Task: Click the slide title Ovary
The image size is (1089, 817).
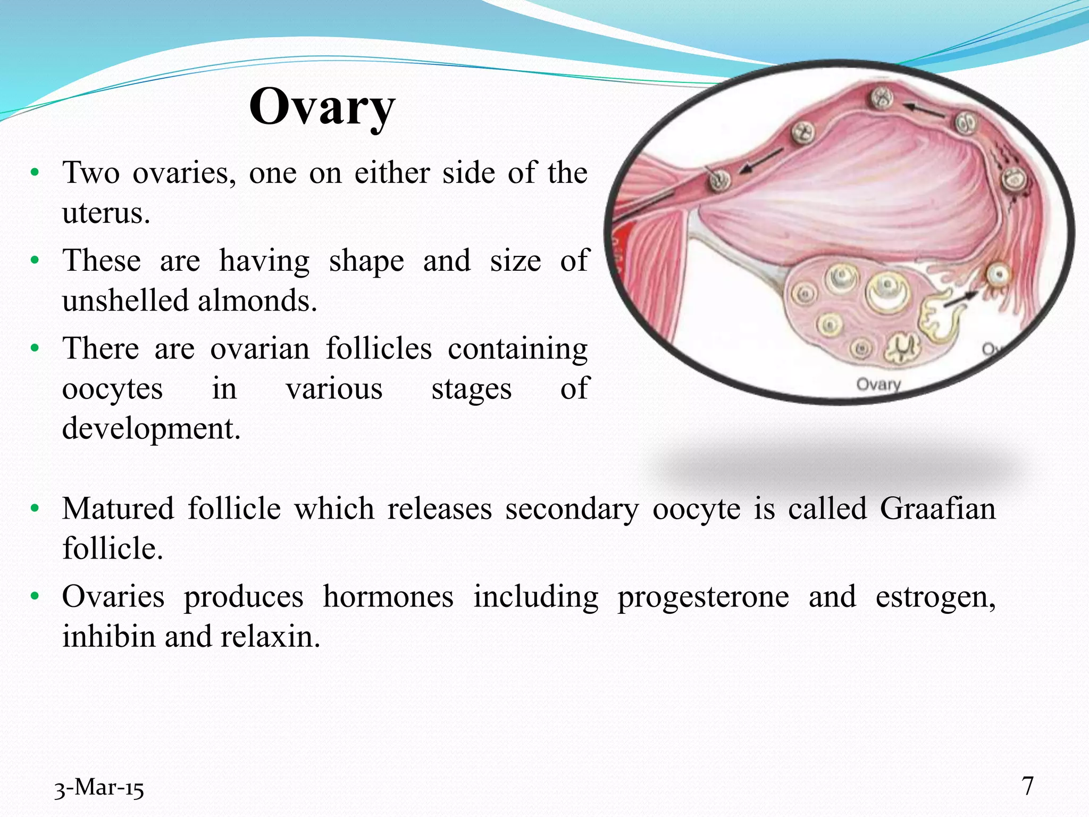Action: pyautogui.click(x=322, y=107)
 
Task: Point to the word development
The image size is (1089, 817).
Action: pyautogui.click(x=150, y=429)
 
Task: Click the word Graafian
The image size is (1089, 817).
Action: pyautogui.click(x=937, y=509)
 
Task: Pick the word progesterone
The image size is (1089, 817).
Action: pyautogui.click(x=703, y=597)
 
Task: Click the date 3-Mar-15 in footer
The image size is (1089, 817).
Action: pyautogui.click(x=99, y=788)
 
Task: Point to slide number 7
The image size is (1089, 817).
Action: pyautogui.click(x=1028, y=786)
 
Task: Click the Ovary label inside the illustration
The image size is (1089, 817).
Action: pyautogui.click(x=878, y=384)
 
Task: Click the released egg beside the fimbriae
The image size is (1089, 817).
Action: pyautogui.click(x=998, y=274)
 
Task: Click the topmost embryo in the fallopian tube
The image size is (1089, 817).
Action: pyautogui.click(x=882, y=98)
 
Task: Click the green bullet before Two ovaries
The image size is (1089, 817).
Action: pyautogui.click(x=35, y=173)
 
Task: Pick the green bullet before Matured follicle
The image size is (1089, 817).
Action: pyautogui.click(x=35, y=508)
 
